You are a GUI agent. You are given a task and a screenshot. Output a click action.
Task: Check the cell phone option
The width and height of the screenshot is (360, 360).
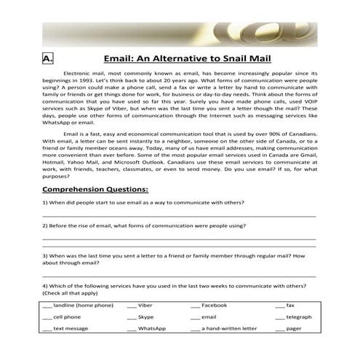[x=47, y=318]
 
